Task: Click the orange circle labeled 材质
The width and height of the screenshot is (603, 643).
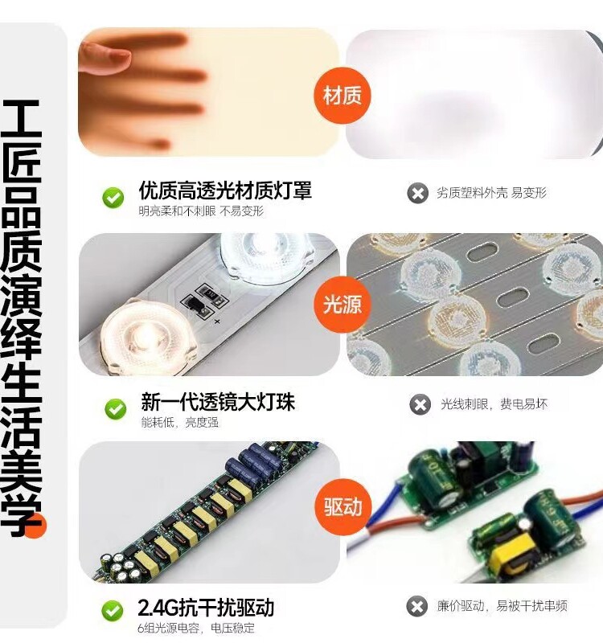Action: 342,96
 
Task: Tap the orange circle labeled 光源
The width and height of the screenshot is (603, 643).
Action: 342,304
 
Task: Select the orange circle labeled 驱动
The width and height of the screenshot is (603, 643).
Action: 343,507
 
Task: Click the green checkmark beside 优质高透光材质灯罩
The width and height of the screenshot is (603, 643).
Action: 113,197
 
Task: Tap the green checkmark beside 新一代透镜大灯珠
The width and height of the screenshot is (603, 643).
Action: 115,408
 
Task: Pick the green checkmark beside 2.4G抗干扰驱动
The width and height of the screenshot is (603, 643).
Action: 113,611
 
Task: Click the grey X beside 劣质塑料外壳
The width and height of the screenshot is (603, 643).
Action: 417,193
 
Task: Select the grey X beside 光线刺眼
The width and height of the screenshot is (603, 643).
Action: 420,404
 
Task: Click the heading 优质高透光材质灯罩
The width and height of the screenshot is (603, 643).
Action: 225,190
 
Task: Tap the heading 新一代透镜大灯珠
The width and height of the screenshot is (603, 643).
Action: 217,401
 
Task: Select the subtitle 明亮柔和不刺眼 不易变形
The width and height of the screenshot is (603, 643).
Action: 201,211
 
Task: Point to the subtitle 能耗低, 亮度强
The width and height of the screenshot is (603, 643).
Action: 179,422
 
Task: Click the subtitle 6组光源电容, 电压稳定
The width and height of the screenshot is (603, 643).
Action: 197,628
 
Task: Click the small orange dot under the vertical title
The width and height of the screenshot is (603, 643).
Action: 36,526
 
